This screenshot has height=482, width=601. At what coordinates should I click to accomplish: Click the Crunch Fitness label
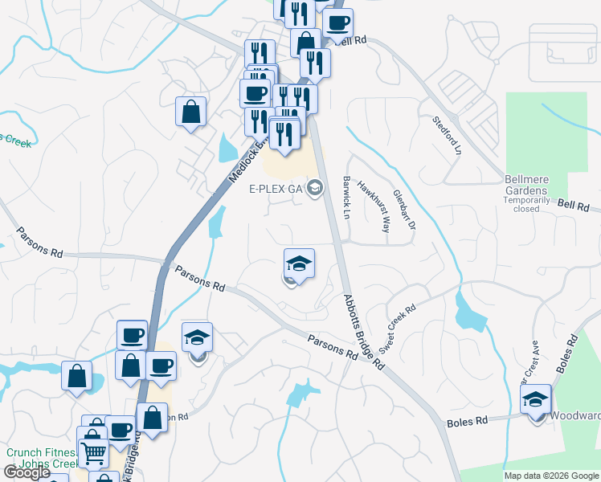39,452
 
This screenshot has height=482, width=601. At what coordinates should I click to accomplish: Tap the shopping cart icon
93,454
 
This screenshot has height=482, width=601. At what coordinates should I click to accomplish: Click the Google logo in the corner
27,472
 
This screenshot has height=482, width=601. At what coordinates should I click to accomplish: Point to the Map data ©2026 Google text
551,476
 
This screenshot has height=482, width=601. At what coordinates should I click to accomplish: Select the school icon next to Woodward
536,399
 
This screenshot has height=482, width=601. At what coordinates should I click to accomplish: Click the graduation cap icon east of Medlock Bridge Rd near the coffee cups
197,338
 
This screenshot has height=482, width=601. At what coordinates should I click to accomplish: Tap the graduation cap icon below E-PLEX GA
298,263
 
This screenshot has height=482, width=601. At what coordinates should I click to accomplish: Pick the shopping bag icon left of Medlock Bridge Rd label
191,112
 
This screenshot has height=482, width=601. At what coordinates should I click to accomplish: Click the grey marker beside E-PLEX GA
315,189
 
